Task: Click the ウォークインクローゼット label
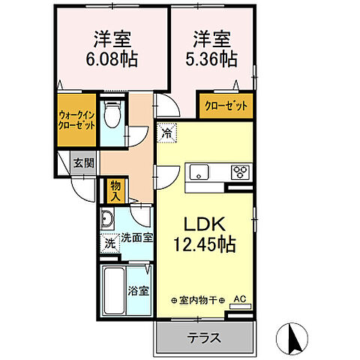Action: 76,120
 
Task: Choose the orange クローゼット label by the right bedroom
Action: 226,106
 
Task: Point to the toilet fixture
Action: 113,115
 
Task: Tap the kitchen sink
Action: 199,171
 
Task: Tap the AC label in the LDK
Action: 240,299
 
